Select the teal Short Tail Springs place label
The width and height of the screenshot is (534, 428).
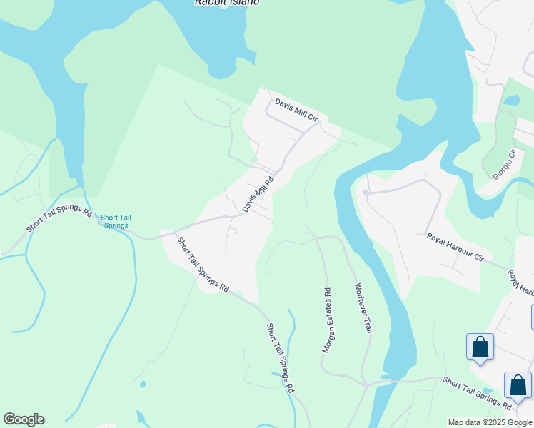point(116,222)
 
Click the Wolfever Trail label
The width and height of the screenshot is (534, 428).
point(364,309)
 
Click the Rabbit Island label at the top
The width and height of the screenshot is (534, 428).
point(227,3)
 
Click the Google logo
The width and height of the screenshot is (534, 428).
point(24,419)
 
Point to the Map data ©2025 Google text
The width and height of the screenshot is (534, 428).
point(490,422)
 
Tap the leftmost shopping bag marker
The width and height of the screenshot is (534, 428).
point(480,347)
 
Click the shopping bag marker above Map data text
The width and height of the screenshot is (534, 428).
point(518,386)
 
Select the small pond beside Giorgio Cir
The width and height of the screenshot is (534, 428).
point(512,101)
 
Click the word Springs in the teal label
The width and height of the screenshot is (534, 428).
point(116,226)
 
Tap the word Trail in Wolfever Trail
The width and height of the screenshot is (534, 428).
point(368,324)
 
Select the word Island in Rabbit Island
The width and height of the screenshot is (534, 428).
point(243,3)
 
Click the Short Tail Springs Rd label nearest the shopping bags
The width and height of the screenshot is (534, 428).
point(476,393)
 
